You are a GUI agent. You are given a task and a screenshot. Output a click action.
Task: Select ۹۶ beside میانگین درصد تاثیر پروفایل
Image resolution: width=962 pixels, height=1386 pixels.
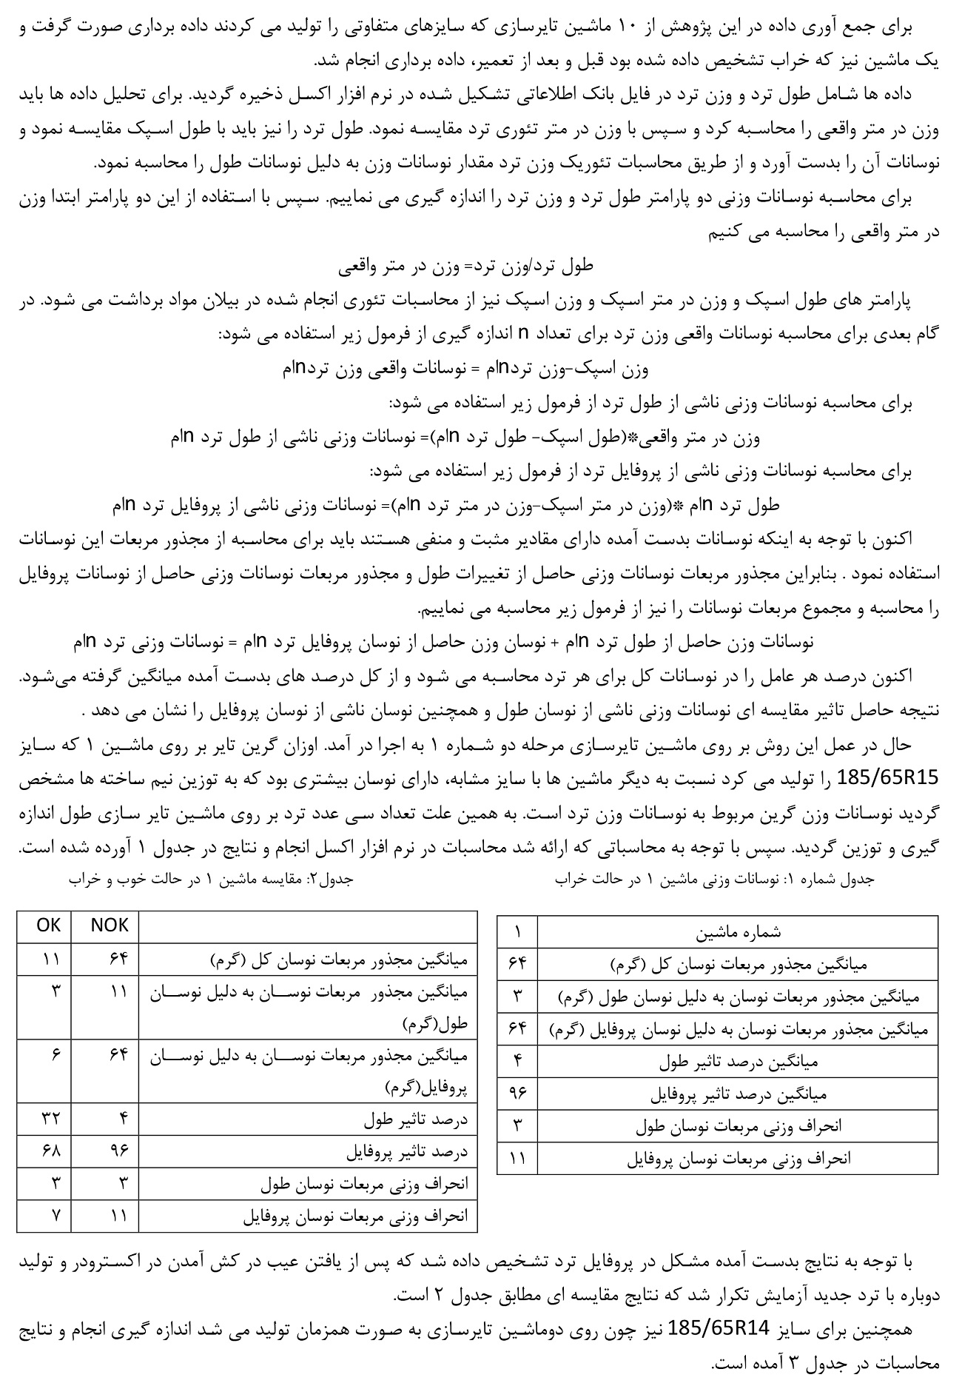(x=517, y=1093)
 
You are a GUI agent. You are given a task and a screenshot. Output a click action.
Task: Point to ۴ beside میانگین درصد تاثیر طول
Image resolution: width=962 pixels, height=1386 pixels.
(x=517, y=1060)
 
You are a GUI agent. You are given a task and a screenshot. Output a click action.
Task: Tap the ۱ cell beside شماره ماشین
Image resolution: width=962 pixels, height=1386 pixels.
(x=517, y=931)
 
